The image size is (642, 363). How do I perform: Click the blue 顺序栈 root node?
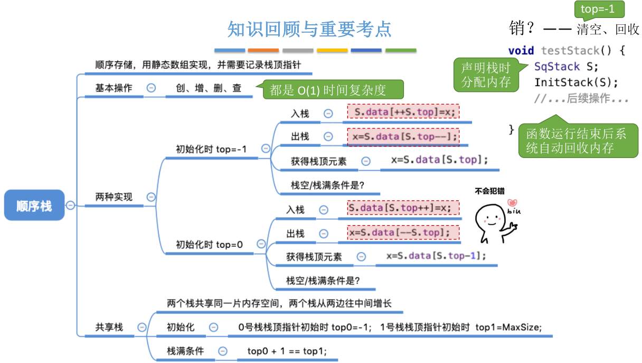(34, 205)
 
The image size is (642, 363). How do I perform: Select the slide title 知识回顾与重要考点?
(309, 29)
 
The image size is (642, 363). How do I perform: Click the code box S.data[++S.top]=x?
(403, 112)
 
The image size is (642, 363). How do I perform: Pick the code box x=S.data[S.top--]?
(403, 137)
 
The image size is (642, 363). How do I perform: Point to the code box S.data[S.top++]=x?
(403, 208)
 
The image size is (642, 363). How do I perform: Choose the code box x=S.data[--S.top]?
(403, 232)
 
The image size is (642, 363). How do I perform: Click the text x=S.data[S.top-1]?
(436, 256)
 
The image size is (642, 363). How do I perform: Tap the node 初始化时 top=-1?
(211, 149)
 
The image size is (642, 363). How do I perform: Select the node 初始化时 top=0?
(209, 245)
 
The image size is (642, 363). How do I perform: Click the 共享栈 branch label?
(109, 327)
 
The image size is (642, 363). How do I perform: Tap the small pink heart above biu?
(512, 202)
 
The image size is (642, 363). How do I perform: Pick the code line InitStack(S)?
(576, 82)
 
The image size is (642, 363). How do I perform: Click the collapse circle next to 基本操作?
(151, 88)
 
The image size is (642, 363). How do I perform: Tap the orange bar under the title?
(263, 51)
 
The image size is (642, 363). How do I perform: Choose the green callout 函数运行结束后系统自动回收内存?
(578, 141)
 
